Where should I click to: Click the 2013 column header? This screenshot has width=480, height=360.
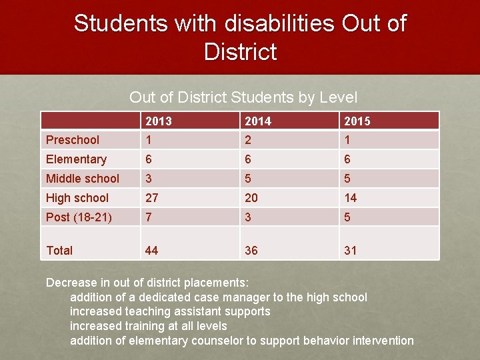coord(159,121)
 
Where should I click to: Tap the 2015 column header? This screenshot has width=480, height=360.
coord(357,121)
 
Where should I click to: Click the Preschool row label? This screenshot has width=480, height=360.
coord(73,140)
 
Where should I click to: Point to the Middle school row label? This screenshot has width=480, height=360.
coord(83,179)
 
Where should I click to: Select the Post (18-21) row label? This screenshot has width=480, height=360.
coord(79,217)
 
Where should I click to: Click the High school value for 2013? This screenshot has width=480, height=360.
coord(153,198)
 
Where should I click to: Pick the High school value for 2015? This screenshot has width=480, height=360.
coord(351,198)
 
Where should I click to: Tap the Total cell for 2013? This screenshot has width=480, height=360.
coord(153,251)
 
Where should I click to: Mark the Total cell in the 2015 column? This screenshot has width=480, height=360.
coord(351,251)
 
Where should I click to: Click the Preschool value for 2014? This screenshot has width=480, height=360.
coord(248,140)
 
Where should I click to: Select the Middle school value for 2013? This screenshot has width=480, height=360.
coord(149,179)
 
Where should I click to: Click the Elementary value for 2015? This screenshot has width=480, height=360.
coord(347,159)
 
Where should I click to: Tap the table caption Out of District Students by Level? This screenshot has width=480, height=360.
coord(243,97)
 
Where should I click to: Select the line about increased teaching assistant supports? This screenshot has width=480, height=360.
coord(170,311)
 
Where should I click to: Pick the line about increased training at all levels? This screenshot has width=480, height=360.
coord(149,326)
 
